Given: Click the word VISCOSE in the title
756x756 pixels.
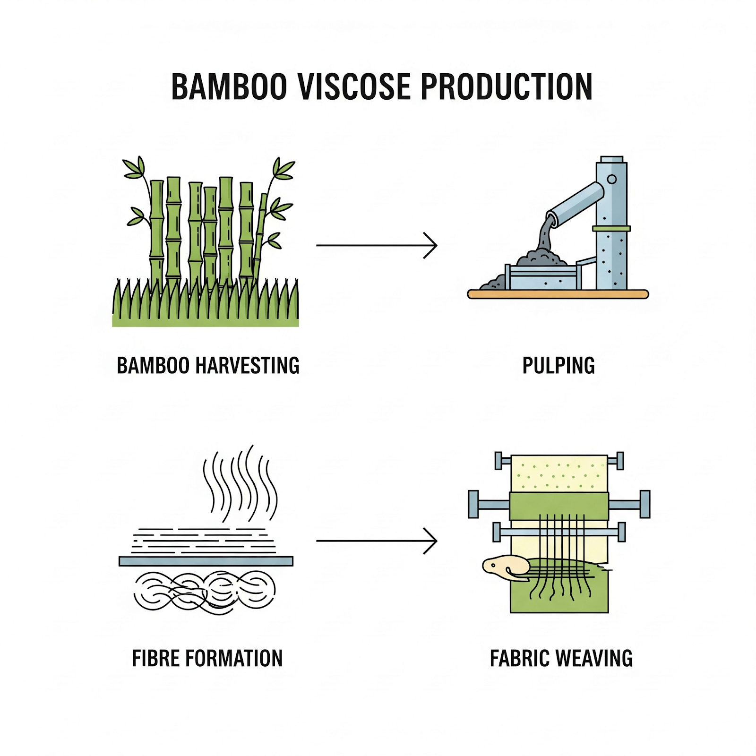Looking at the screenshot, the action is (355, 86).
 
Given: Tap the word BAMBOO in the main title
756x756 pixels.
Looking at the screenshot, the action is (229, 86).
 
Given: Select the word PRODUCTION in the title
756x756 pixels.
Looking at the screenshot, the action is (507, 86).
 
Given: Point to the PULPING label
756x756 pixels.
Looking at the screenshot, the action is (558, 365).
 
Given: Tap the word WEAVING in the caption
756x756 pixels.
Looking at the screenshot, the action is (594, 658).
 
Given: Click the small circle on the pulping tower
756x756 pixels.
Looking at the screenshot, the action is (612, 179).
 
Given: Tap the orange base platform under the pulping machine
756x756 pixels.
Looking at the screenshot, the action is (558, 294).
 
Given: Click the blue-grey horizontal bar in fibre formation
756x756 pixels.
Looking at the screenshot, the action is (206, 561).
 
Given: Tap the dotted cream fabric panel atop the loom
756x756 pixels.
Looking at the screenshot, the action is (559, 473).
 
